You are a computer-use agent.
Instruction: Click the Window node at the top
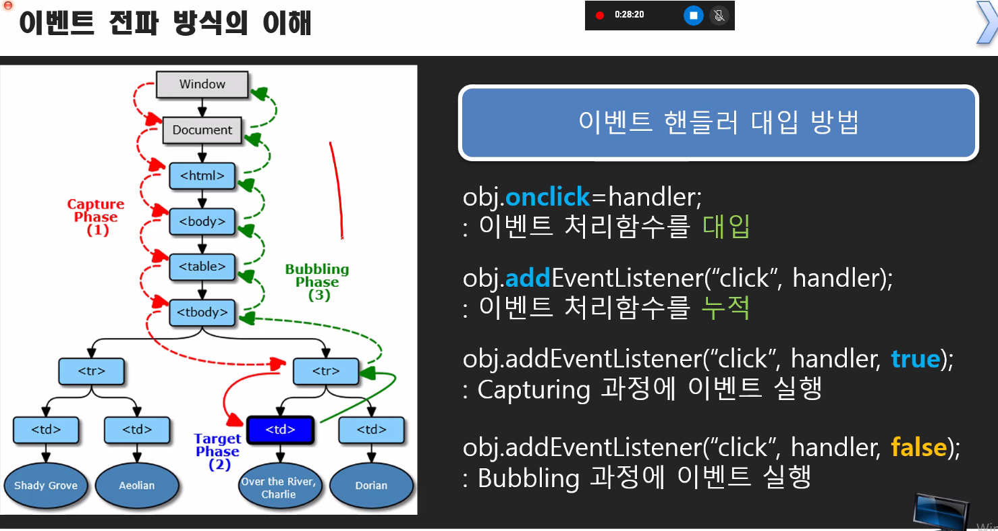click(x=202, y=84)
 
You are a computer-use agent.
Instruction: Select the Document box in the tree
click(x=202, y=130)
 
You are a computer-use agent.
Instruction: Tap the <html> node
click(x=202, y=176)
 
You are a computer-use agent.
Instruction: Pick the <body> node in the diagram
click(x=202, y=221)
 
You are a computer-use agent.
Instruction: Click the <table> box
click(x=202, y=267)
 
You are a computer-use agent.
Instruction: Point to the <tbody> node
click(x=202, y=312)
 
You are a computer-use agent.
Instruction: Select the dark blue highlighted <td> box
click(x=279, y=430)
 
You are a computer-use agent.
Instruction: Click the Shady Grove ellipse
click(x=46, y=486)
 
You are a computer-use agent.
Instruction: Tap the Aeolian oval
click(x=137, y=486)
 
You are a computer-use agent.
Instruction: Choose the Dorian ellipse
click(x=371, y=486)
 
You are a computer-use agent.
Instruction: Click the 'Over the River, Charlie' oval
click(x=279, y=487)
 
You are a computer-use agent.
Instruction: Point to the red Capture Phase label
click(x=96, y=217)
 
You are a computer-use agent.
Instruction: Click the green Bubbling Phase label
click(x=317, y=281)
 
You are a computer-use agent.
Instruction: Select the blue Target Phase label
click(x=218, y=451)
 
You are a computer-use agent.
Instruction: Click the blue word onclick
click(x=548, y=197)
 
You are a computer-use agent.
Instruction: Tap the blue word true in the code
click(x=915, y=358)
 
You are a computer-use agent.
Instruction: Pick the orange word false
click(x=918, y=447)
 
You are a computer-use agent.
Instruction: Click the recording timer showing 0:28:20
click(x=629, y=15)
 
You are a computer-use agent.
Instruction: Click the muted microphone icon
click(x=719, y=15)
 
